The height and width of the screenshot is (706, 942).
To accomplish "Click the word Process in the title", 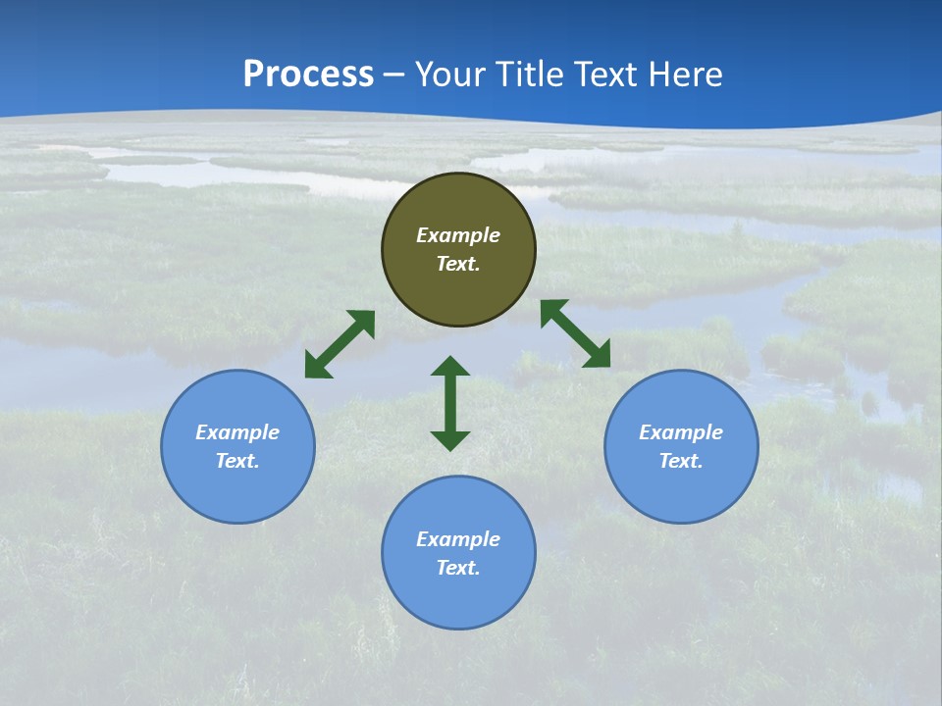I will [308, 75].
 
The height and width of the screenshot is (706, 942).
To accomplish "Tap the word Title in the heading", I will [527, 75].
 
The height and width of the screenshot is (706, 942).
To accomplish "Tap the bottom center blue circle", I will [458, 598].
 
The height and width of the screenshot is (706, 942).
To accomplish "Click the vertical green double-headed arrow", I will [450, 403].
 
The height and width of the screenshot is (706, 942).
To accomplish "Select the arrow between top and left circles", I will [340, 344].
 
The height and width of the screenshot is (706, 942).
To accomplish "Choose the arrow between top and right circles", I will [575, 333].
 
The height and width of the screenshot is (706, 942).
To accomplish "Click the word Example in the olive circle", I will [458, 235].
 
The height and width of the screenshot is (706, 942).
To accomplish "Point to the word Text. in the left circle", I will [237, 461].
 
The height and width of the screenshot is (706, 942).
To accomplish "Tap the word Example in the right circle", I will [681, 432].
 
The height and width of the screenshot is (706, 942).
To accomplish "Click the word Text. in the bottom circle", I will [458, 568].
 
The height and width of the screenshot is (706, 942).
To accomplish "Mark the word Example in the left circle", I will [237, 432].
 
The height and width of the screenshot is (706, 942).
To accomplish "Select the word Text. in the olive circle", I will [458, 264].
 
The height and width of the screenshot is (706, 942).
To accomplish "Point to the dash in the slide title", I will [394, 76].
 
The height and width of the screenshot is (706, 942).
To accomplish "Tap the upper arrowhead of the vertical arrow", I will [450, 366].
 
